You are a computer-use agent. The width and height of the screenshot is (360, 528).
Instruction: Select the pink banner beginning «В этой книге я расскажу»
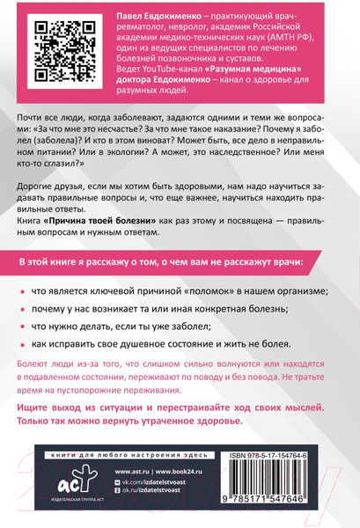click(180, 265)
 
